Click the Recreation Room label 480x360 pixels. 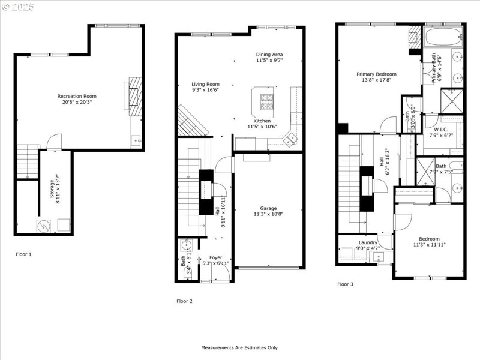tap(77, 96)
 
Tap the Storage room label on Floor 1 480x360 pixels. tap(52, 187)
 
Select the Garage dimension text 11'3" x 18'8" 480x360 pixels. tap(268, 214)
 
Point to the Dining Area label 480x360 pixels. tap(269, 54)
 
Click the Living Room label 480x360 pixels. tap(205, 84)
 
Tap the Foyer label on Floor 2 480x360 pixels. tap(215, 257)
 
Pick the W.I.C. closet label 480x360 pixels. tap(441, 130)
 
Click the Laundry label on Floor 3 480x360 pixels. tap(368, 242)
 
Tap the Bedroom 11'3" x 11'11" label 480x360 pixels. tap(429, 239)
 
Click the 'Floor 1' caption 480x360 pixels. tap(23, 254)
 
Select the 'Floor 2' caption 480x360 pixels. tap(184, 301)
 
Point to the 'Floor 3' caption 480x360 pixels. tap(345, 284)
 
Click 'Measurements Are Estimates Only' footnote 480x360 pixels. tap(239, 347)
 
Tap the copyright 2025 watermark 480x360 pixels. tap(19, 7)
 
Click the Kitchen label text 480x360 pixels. tap(262, 121)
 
